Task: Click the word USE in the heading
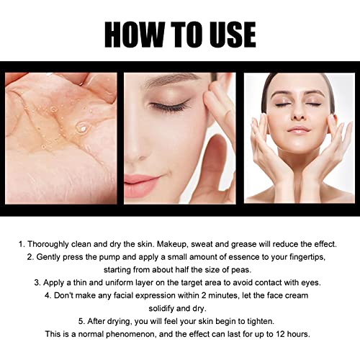point(228,34)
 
